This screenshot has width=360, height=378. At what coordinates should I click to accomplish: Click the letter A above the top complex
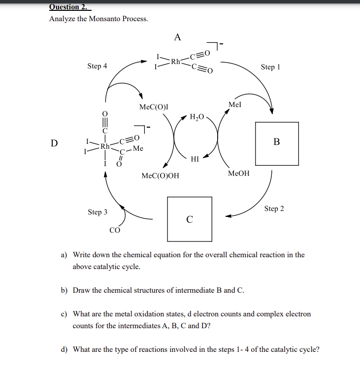pos(178,36)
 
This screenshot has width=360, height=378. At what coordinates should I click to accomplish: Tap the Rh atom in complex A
pos(175,62)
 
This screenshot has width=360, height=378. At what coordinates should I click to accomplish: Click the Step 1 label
pos(270,67)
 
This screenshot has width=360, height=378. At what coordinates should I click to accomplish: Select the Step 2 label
pos(274,208)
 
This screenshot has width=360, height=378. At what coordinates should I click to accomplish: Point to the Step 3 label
pos(98,212)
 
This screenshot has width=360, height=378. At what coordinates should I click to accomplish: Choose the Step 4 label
pos(97,66)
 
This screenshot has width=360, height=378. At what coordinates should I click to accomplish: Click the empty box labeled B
pos(276,143)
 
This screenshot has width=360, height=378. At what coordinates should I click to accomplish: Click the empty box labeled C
pos(190,219)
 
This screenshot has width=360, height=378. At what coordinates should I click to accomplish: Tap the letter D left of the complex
pos(54,143)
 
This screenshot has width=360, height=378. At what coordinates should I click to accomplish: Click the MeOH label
pos(239,173)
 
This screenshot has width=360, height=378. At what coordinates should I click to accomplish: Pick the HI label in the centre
pos(195,159)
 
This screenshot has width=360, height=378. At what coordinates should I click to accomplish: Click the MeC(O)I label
pos(154,106)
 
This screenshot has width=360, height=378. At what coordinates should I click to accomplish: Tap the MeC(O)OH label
pos(160,175)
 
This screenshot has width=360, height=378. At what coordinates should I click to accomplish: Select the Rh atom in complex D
pos(105,146)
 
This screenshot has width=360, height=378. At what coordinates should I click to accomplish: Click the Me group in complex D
pos(138,148)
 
